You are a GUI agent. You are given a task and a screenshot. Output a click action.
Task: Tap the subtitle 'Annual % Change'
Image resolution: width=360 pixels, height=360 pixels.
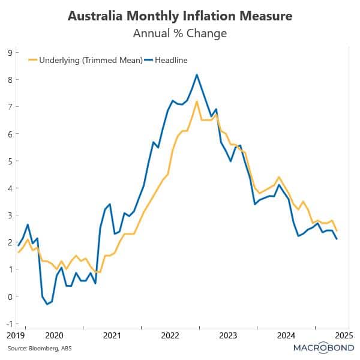point(179,33)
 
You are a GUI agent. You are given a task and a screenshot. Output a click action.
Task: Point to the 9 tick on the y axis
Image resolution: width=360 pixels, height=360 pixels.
point(10,53)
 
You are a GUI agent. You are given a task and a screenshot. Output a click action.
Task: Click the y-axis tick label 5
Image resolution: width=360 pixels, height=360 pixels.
point(10,161)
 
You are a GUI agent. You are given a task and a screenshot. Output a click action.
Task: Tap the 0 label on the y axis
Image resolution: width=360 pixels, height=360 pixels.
point(10,296)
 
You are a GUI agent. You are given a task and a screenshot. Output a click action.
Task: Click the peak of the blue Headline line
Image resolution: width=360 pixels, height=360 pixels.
point(197,74)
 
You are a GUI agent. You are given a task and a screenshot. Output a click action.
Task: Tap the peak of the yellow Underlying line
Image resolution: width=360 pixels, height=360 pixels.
point(197,101)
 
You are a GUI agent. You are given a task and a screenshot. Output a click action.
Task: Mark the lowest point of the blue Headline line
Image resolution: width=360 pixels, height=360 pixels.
point(47,304)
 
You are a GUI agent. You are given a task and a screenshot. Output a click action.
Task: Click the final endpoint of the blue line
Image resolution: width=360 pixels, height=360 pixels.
point(336,239)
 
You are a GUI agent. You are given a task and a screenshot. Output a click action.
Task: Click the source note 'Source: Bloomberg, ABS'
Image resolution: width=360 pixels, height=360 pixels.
point(31,348)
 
